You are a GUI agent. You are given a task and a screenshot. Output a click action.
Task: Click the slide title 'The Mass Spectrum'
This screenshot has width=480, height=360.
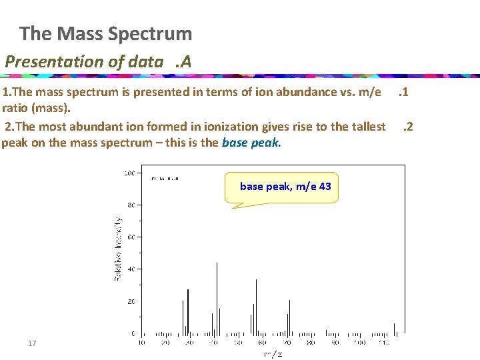click(x=105, y=33)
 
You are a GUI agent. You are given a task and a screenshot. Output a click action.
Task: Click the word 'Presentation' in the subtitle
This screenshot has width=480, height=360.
click(x=46, y=62)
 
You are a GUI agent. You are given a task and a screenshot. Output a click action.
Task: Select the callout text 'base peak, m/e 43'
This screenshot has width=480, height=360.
click(x=285, y=187)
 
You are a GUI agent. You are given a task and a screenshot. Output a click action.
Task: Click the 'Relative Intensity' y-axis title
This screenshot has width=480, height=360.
click(x=118, y=248)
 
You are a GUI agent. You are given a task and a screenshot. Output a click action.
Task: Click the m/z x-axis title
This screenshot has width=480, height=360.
click(x=273, y=353)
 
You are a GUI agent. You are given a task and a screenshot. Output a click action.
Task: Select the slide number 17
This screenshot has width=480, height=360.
click(x=32, y=343)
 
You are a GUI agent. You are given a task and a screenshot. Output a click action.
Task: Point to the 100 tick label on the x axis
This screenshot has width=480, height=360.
click(x=359, y=343)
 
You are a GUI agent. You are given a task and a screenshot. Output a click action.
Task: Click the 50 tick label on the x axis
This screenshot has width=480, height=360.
click(x=238, y=343)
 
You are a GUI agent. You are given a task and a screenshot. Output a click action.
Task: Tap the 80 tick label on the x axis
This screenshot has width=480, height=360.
click(x=311, y=343)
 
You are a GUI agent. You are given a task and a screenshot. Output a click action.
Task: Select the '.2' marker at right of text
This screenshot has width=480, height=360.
click(x=408, y=127)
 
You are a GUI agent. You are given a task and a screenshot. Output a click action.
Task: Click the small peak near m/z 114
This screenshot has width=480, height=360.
click(x=394, y=328)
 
